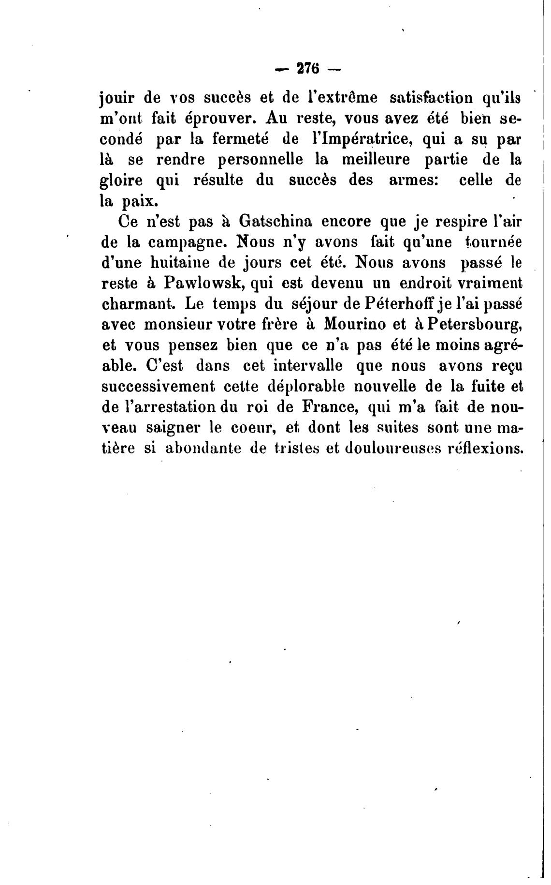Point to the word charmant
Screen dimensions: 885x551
138,304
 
